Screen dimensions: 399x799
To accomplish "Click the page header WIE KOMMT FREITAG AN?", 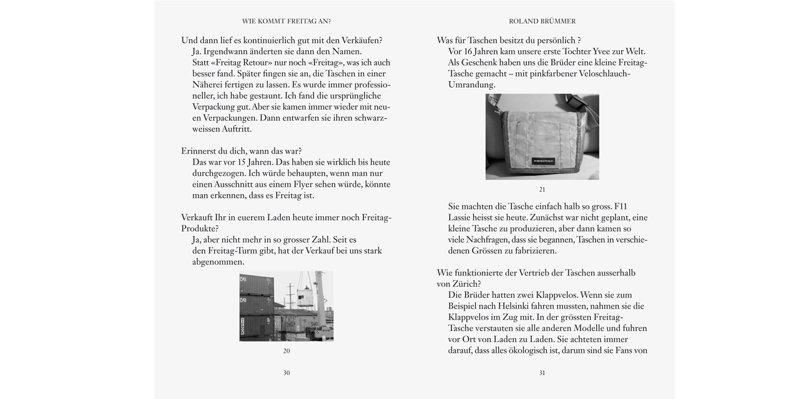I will point(287,21).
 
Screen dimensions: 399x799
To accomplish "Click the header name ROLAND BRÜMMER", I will point(542,21).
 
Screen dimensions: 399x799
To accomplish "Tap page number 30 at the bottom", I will point(287,373).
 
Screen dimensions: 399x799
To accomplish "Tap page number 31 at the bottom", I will point(542,373).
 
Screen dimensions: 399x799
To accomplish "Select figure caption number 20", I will point(287,351).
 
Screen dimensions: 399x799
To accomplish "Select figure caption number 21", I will point(542,190).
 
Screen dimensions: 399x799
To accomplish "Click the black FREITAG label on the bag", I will point(544,161).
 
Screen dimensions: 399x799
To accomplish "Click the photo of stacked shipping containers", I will point(287,306).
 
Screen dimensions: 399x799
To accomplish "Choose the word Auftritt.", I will point(237,129).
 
